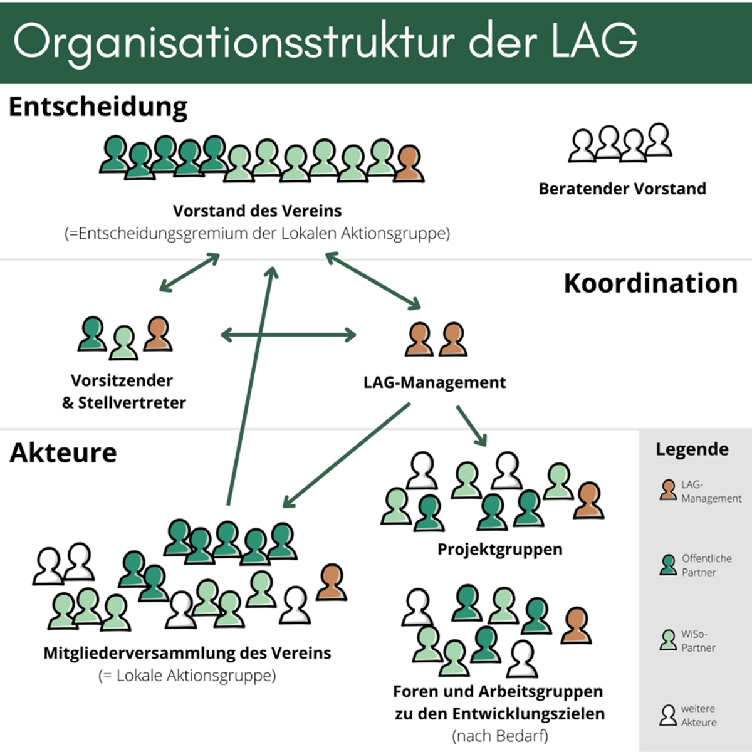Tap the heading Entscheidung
pyautogui.click(x=98, y=107)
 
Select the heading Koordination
pyautogui.click(x=650, y=283)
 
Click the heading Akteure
pyautogui.click(x=63, y=452)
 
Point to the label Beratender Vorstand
pyautogui.click(x=622, y=189)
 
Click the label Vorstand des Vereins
pyautogui.click(x=258, y=211)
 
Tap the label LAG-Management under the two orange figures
pyautogui.click(x=434, y=382)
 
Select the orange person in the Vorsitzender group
pyautogui.click(x=157, y=334)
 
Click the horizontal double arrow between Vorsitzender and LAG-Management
pyautogui.click(x=288, y=335)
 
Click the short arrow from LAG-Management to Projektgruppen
pyautogui.click(x=471, y=426)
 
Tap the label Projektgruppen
pyautogui.click(x=499, y=550)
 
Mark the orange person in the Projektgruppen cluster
pyautogui.click(x=588, y=501)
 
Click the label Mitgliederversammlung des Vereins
pyautogui.click(x=187, y=653)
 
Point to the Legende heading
pyautogui.click(x=692, y=449)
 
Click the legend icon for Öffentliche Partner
pyautogui.click(x=668, y=565)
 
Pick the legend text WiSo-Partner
pyautogui.click(x=698, y=641)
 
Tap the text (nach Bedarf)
pyautogui.click(x=499, y=736)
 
